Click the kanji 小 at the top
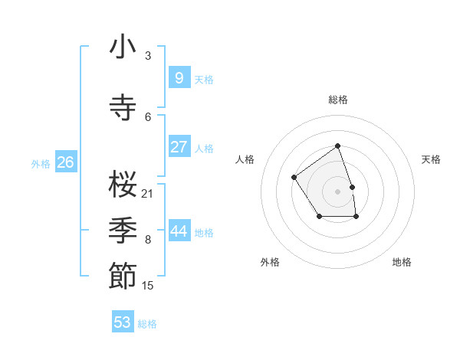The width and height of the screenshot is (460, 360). point(123,48)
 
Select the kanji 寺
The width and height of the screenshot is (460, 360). point(123,107)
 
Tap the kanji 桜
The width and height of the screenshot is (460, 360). point(123,184)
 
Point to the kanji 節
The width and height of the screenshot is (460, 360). point(123,276)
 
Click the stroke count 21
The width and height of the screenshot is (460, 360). point(148,193)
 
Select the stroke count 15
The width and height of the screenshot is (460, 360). point(148,286)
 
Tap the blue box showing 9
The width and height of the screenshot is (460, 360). point(179,77)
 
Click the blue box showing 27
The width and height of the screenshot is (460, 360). point(179,147)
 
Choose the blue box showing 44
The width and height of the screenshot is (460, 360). point(179,231)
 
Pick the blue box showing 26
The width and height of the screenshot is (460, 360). point(65,162)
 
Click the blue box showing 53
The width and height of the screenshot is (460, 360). point(123,322)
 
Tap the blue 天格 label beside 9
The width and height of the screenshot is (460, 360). point(204,79)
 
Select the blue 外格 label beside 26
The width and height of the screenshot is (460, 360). point(41,163)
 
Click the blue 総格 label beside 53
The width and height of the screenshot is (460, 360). point(147,323)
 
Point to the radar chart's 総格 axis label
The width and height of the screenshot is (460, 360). point(338,100)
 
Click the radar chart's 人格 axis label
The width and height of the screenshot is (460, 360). point(245,159)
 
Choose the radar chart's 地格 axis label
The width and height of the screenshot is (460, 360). point(402,262)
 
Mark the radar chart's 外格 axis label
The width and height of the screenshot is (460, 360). point(270,262)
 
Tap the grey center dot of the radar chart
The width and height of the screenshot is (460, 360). point(337,191)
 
